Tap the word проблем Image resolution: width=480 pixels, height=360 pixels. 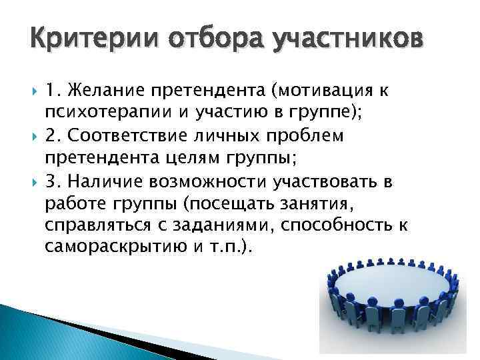point(304,136)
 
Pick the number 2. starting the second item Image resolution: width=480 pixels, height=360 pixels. point(54,136)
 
